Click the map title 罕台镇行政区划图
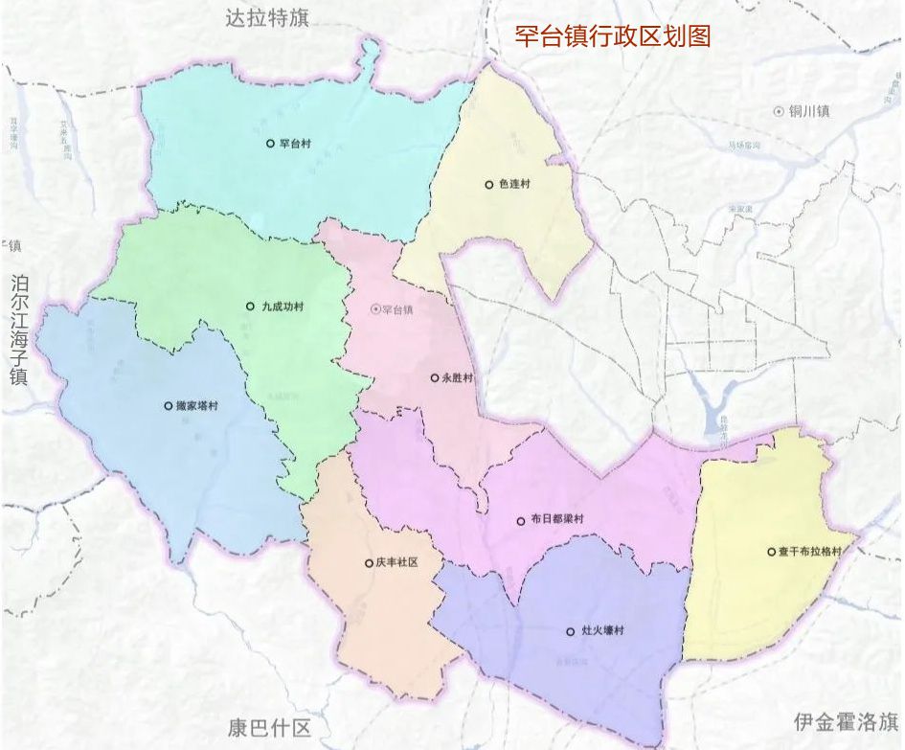coord(612,36)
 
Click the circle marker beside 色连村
coord(488,185)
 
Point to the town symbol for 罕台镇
coord(374,309)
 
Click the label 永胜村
coord(457,378)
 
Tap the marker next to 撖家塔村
coord(168,406)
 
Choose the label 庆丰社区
coord(397,563)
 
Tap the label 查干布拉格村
coord(809,552)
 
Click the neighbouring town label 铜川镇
coord(808,111)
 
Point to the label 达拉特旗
coord(267,17)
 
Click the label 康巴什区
coord(263,727)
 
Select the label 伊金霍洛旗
coord(846,721)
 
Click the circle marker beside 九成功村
coord(250,307)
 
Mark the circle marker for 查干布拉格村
coord(771,552)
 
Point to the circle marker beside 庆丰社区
coord(369,563)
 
